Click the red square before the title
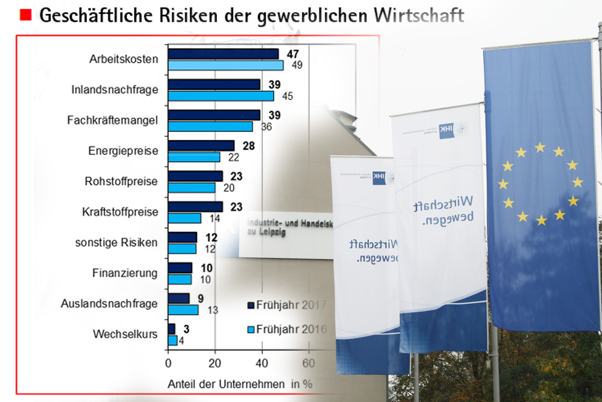click(26, 16)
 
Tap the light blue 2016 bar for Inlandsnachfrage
click(221, 96)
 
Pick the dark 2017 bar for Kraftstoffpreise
click(195, 207)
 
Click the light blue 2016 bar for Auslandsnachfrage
click(183, 310)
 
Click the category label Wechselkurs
click(125, 334)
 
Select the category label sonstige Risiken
click(116, 243)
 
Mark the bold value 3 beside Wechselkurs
click(187, 328)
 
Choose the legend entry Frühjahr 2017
click(287, 305)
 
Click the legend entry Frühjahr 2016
click(287, 330)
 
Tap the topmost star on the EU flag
click(540, 147)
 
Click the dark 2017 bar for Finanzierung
click(180, 268)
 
